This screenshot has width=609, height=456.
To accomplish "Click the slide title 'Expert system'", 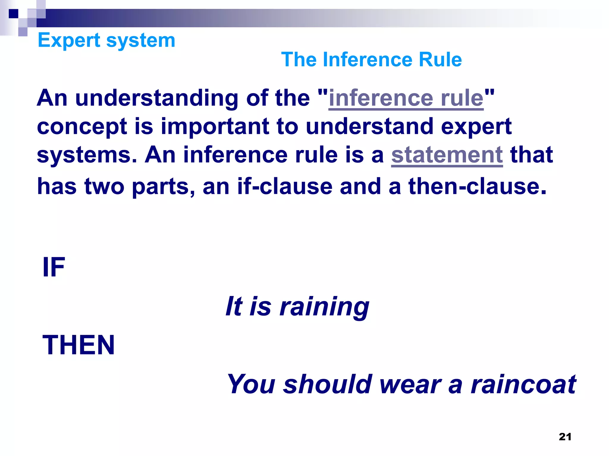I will click(x=106, y=40).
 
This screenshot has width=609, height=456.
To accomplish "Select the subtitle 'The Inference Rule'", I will click(x=371, y=59).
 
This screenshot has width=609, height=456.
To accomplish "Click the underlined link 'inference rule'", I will click(x=406, y=98).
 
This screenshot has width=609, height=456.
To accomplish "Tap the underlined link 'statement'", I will click(x=447, y=155).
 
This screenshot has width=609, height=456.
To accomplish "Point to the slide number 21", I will click(x=565, y=437).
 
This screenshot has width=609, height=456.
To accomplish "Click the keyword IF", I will click(x=54, y=267).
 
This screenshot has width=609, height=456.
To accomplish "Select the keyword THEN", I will click(x=79, y=345).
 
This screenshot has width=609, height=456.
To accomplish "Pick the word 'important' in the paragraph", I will click(x=215, y=126).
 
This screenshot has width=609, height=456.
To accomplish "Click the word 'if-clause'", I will click(x=285, y=186).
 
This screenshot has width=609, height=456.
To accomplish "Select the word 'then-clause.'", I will click(x=477, y=186).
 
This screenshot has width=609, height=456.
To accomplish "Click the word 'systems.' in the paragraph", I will click(x=87, y=155).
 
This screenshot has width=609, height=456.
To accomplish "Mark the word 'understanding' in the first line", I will click(x=156, y=99).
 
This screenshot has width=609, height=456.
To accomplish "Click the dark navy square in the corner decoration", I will click(x=13, y=14).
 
